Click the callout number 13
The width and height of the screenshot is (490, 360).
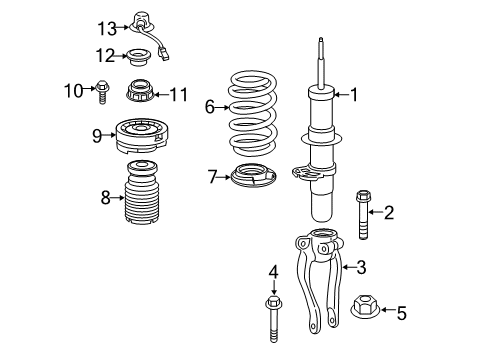107,28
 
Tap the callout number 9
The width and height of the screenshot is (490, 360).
97,135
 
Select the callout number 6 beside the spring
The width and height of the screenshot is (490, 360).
210,107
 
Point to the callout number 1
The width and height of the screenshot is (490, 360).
354,95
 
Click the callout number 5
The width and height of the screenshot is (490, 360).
402,313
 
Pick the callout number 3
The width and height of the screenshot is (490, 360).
361,267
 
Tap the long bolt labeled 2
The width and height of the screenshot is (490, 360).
363,215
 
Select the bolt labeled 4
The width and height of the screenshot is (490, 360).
274,318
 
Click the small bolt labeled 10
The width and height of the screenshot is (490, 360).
102,92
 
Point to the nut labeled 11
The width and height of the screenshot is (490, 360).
140,91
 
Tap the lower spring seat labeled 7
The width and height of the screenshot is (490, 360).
254,175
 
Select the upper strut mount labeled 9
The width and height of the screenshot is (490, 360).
141,135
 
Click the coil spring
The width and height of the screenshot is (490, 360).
253,113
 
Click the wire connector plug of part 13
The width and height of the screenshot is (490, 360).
164,54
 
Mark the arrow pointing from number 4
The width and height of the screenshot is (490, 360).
274,287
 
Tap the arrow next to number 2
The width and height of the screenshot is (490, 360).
375,212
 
